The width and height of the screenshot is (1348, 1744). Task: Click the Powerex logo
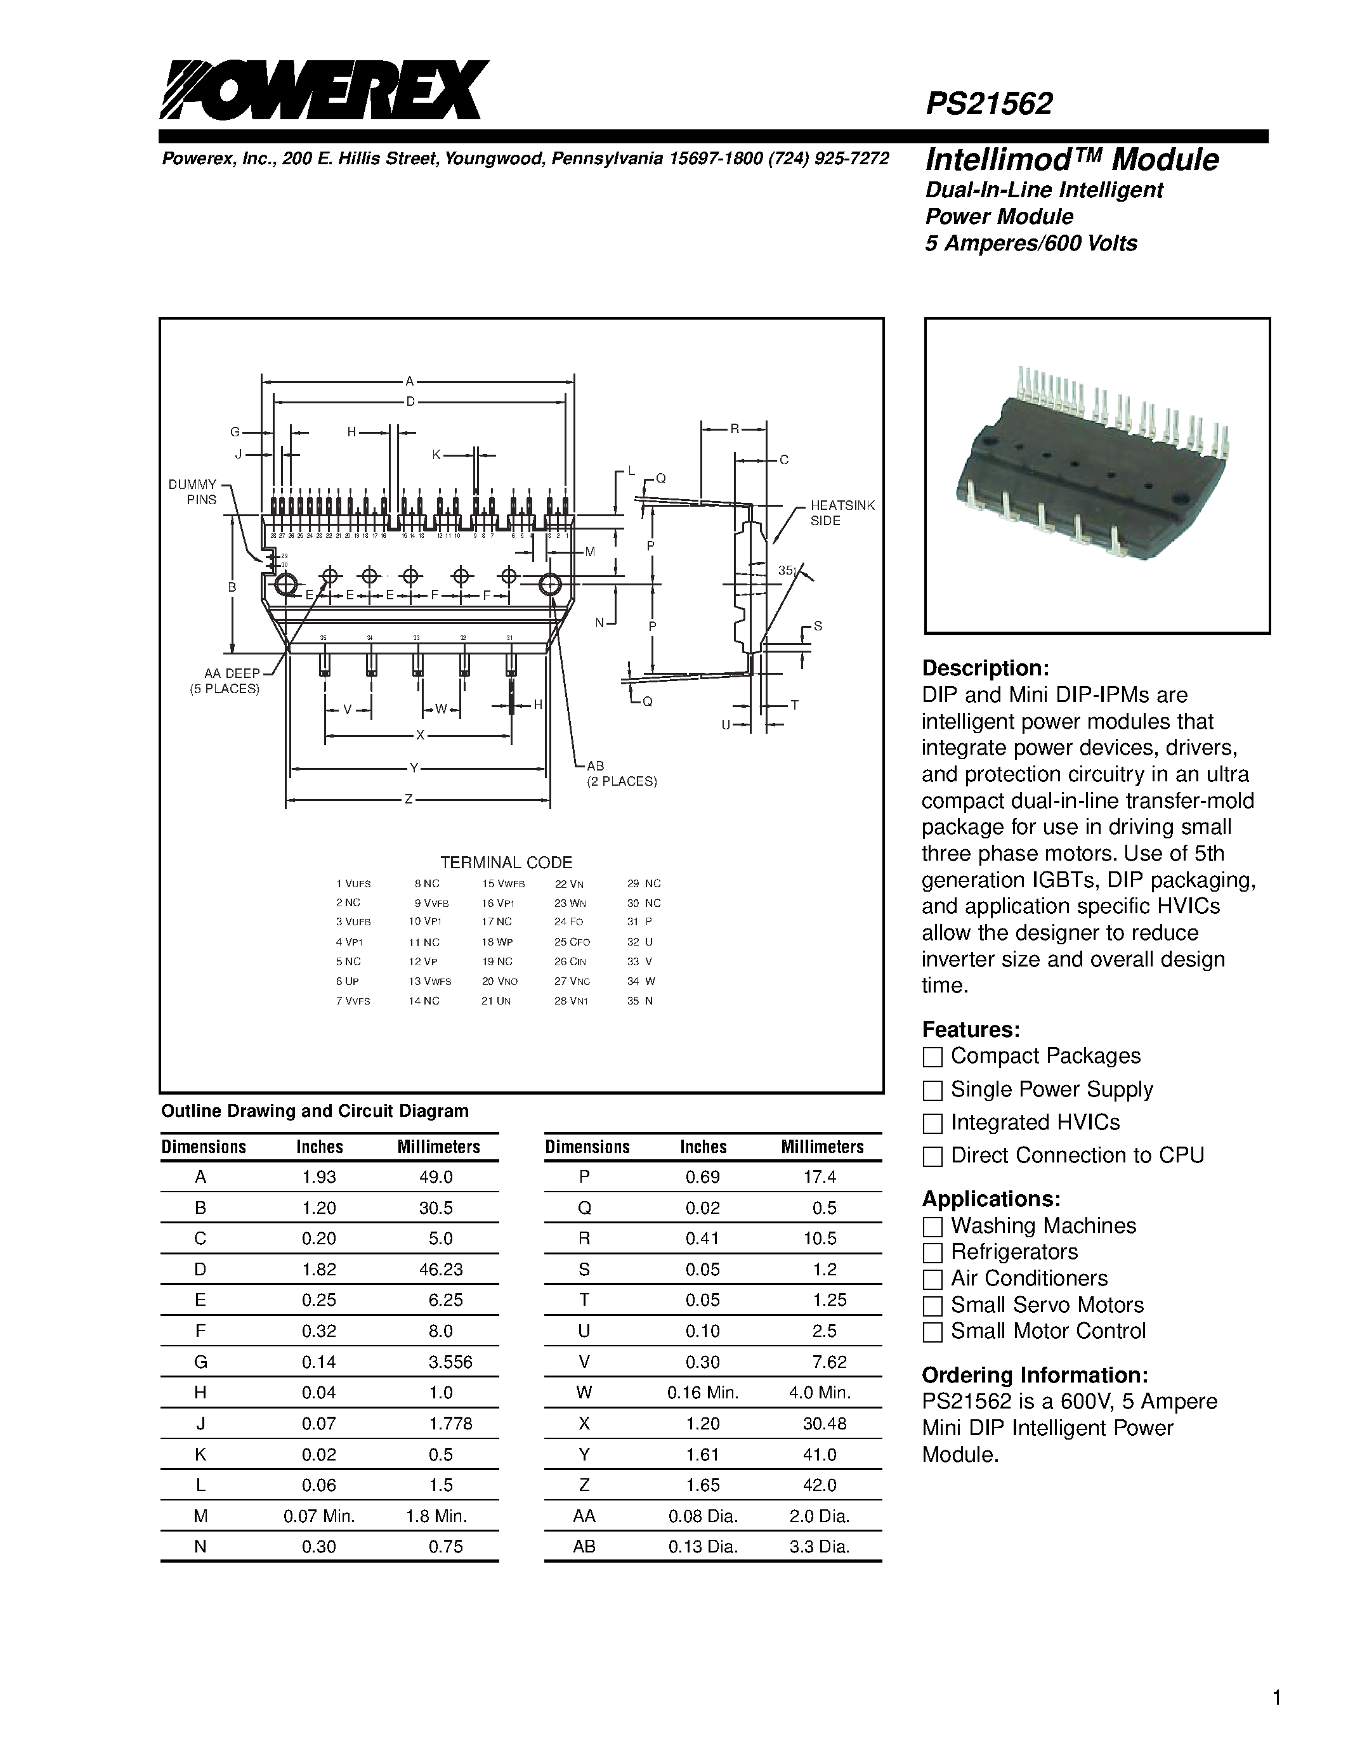coord(323,90)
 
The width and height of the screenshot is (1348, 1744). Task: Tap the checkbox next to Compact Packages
coord(932,1057)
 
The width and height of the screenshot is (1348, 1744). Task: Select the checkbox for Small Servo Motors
coord(932,1306)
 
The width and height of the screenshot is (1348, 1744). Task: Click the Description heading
coord(985,668)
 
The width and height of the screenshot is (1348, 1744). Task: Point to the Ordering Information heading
coord(1034,1375)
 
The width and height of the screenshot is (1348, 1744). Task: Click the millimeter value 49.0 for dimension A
coord(436,1177)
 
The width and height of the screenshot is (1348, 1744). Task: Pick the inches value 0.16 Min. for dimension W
coord(703,1393)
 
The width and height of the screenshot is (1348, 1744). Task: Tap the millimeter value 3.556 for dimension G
coord(450,1362)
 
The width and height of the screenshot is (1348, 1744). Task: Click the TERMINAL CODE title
coord(506,862)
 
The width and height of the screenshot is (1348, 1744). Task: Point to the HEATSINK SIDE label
coord(842,512)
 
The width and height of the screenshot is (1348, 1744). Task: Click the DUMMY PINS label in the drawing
coord(192,492)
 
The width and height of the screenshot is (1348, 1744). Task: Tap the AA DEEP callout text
coord(232,673)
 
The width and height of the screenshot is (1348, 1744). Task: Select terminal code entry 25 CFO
coord(572,942)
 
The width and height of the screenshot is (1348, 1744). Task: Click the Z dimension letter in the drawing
coord(408,798)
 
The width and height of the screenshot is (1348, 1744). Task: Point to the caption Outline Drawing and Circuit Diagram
coord(315,1110)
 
